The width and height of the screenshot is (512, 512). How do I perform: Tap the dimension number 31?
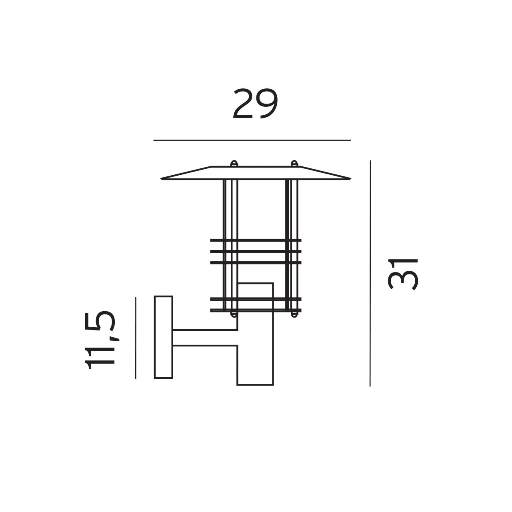click(x=403, y=274)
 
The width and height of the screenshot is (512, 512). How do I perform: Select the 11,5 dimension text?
click(x=100, y=340)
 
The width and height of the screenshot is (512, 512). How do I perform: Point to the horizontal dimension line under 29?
click(x=252, y=140)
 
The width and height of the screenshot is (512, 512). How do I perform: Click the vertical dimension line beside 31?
click(x=370, y=273)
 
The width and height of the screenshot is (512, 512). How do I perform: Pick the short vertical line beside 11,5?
click(x=136, y=338)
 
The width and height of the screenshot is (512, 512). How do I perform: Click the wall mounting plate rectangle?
click(x=164, y=337)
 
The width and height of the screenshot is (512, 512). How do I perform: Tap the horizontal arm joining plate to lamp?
click(x=205, y=338)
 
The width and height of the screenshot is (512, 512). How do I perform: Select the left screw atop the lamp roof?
click(x=234, y=163)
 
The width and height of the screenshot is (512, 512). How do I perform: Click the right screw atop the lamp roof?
click(x=294, y=163)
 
